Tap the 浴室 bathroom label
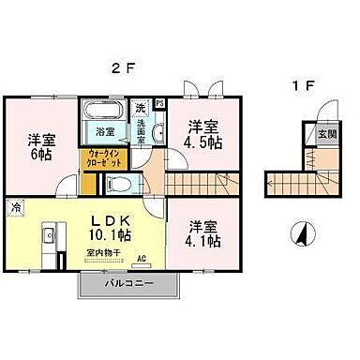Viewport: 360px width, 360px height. (x=104, y=134)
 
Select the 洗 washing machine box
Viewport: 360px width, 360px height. (x=142, y=109)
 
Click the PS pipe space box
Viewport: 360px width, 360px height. (x=160, y=103)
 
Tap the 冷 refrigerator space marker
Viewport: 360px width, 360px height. (x=15, y=204)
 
